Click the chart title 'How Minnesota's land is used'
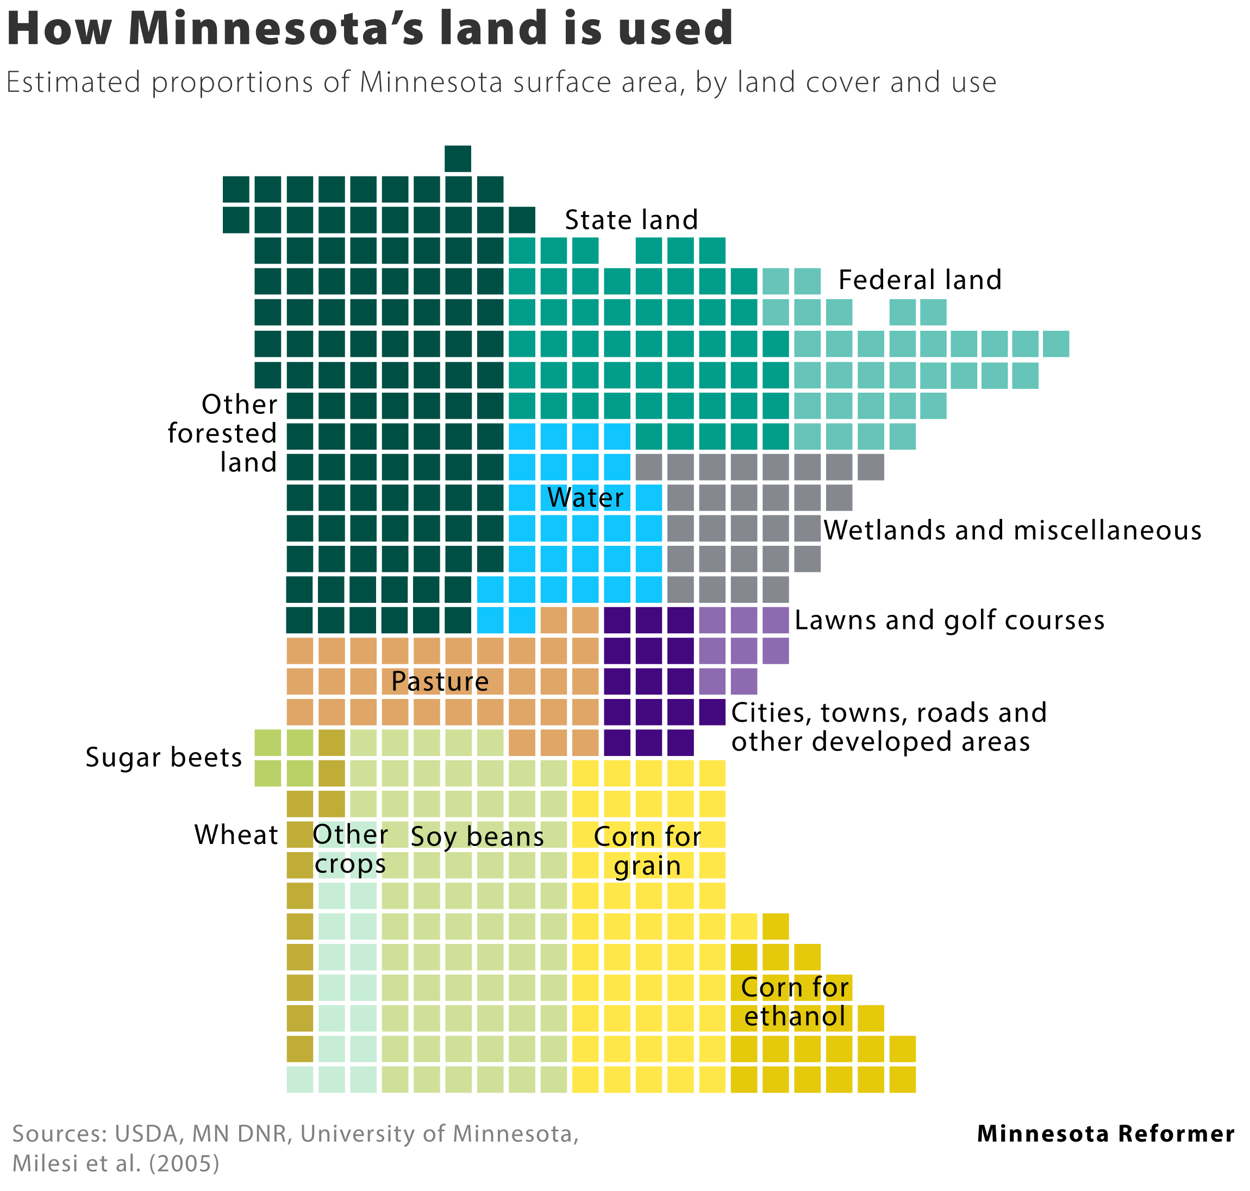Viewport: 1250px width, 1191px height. tap(370, 29)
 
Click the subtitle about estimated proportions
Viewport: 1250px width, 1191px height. tap(501, 83)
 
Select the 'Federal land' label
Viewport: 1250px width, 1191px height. tap(920, 280)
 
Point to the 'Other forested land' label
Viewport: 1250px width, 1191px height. tap(223, 433)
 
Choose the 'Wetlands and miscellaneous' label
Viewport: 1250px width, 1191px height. tap(1012, 530)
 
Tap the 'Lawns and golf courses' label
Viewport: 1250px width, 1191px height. tap(949, 620)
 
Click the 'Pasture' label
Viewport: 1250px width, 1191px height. tap(440, 681)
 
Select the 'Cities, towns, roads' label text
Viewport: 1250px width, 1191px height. tap(889, 713)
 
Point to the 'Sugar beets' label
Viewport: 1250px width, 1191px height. tap(164, 758)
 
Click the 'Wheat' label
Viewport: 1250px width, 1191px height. tap(236, 835)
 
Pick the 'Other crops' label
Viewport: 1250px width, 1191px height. tap(350, 849)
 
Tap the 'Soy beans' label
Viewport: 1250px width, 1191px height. tap(478, 837)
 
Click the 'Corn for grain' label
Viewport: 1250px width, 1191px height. tap(647, 850)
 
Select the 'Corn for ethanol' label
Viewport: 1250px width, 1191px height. tap(795, 1002)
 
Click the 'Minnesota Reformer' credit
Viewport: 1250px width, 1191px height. tap(1106, 1133)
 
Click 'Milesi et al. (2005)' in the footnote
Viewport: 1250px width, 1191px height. tap(116, 1163)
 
